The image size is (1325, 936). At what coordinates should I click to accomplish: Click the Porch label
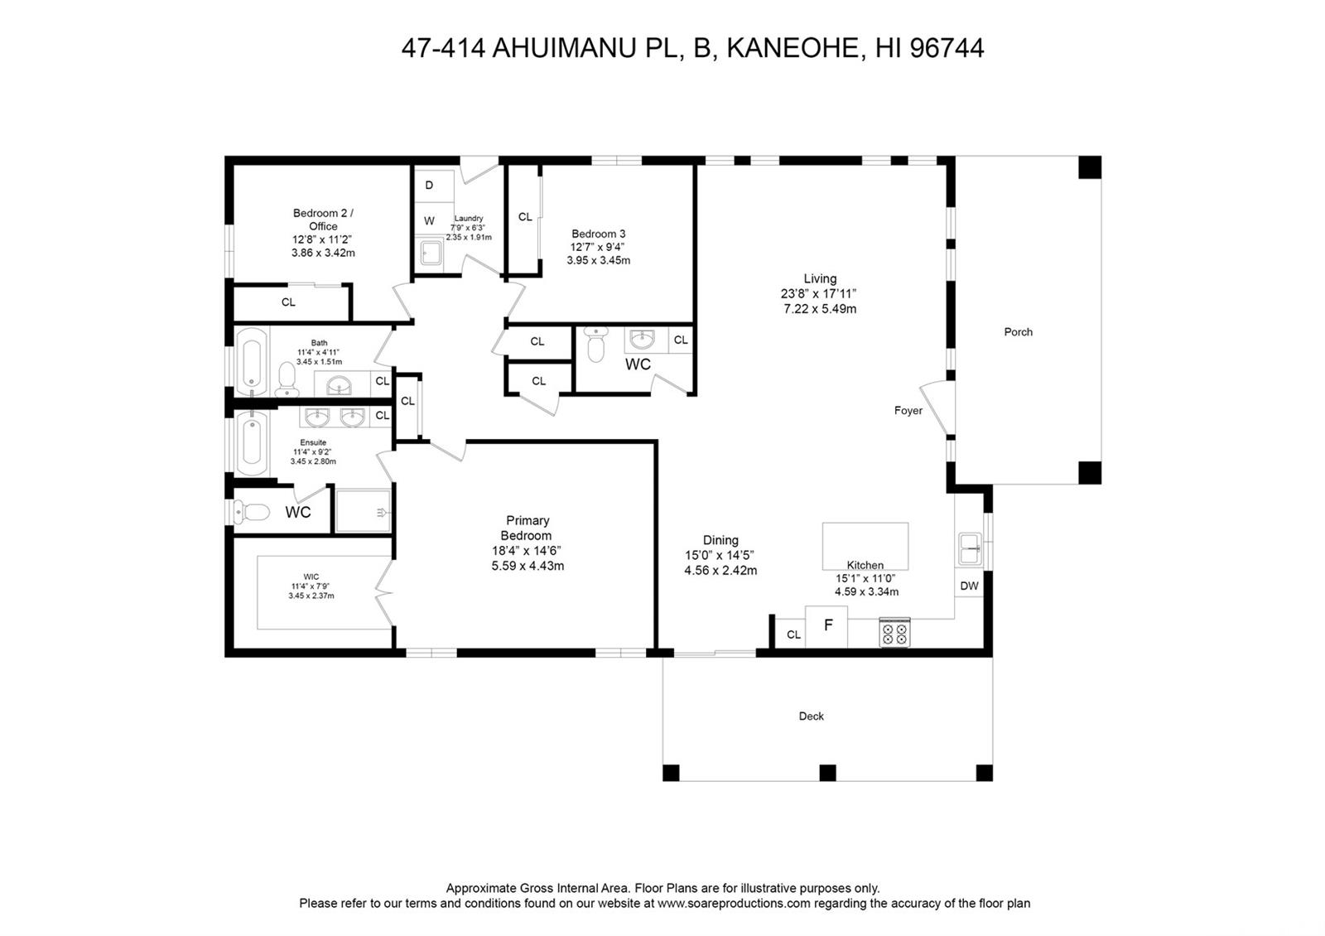(1018, 332)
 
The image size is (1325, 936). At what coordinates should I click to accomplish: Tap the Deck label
(811, 716)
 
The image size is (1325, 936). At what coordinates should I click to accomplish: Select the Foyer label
(908, 411)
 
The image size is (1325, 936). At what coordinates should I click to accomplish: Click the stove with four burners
(894, 633)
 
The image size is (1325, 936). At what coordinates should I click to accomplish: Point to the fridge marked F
(826, 626)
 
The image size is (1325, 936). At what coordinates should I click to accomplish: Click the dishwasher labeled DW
(969, 586)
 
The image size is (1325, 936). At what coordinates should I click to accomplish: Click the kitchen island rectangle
(865, 546)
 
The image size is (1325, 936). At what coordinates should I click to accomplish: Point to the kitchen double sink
(971, 548)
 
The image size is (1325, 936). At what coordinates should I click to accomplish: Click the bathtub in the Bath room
(252, 361)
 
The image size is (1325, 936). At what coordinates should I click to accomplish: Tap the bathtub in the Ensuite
(252, 444)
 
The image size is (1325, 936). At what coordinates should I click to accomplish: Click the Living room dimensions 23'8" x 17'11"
(819, 293)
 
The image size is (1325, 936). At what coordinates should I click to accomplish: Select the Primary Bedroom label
(527, 528)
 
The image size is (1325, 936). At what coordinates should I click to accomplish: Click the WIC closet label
(311, 577)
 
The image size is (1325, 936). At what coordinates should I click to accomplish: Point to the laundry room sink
(431, 254)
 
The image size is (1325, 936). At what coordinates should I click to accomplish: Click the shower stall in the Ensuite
(364, 510)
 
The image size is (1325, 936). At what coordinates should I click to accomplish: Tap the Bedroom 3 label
(598, 234)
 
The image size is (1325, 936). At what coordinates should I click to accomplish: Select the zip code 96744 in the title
(947, 48)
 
